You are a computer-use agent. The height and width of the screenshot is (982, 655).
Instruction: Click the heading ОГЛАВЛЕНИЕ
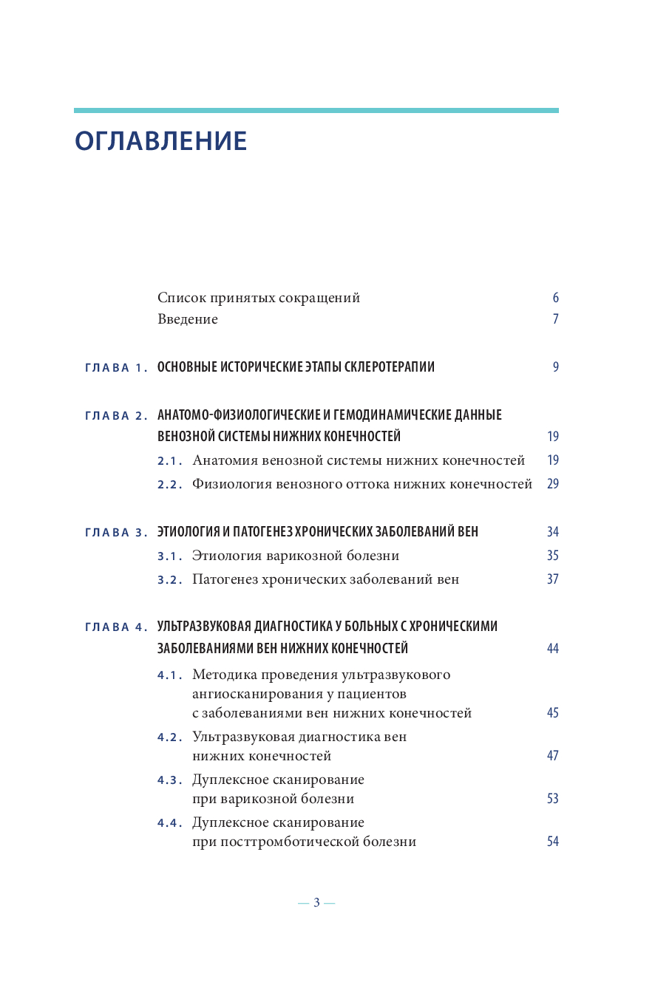[160, 141]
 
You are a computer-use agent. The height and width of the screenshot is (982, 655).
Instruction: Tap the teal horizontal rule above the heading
[316, 111]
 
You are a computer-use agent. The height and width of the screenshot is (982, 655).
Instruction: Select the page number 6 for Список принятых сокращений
[555, 299]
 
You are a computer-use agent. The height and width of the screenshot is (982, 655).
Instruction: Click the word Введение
[188, 320]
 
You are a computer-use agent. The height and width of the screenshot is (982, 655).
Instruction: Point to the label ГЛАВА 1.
[117, 367]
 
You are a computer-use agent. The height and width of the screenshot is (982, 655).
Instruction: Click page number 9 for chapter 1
[555, 367]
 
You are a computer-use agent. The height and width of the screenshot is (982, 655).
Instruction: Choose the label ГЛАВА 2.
[117, 415]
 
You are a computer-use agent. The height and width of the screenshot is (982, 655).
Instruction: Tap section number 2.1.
[170, 461]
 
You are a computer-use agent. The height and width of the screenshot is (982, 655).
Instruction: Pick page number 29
[552, 485]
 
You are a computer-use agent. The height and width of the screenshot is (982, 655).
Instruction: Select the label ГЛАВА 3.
[117, 533]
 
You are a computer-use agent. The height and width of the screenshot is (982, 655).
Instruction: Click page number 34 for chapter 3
[552, 533]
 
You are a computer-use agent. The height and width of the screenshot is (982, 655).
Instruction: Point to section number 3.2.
[170, 580]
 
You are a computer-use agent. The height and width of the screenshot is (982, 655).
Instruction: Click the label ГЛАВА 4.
[117, 627]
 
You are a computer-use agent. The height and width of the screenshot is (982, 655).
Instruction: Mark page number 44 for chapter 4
[552, 649]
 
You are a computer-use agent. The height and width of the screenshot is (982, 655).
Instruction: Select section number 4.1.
[170, 675]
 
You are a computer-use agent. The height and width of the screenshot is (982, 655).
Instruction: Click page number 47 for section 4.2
[552, 756]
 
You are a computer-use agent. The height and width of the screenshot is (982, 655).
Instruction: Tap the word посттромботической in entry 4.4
[289, 842]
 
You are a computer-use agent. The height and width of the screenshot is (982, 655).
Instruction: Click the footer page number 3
[316, 903]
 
